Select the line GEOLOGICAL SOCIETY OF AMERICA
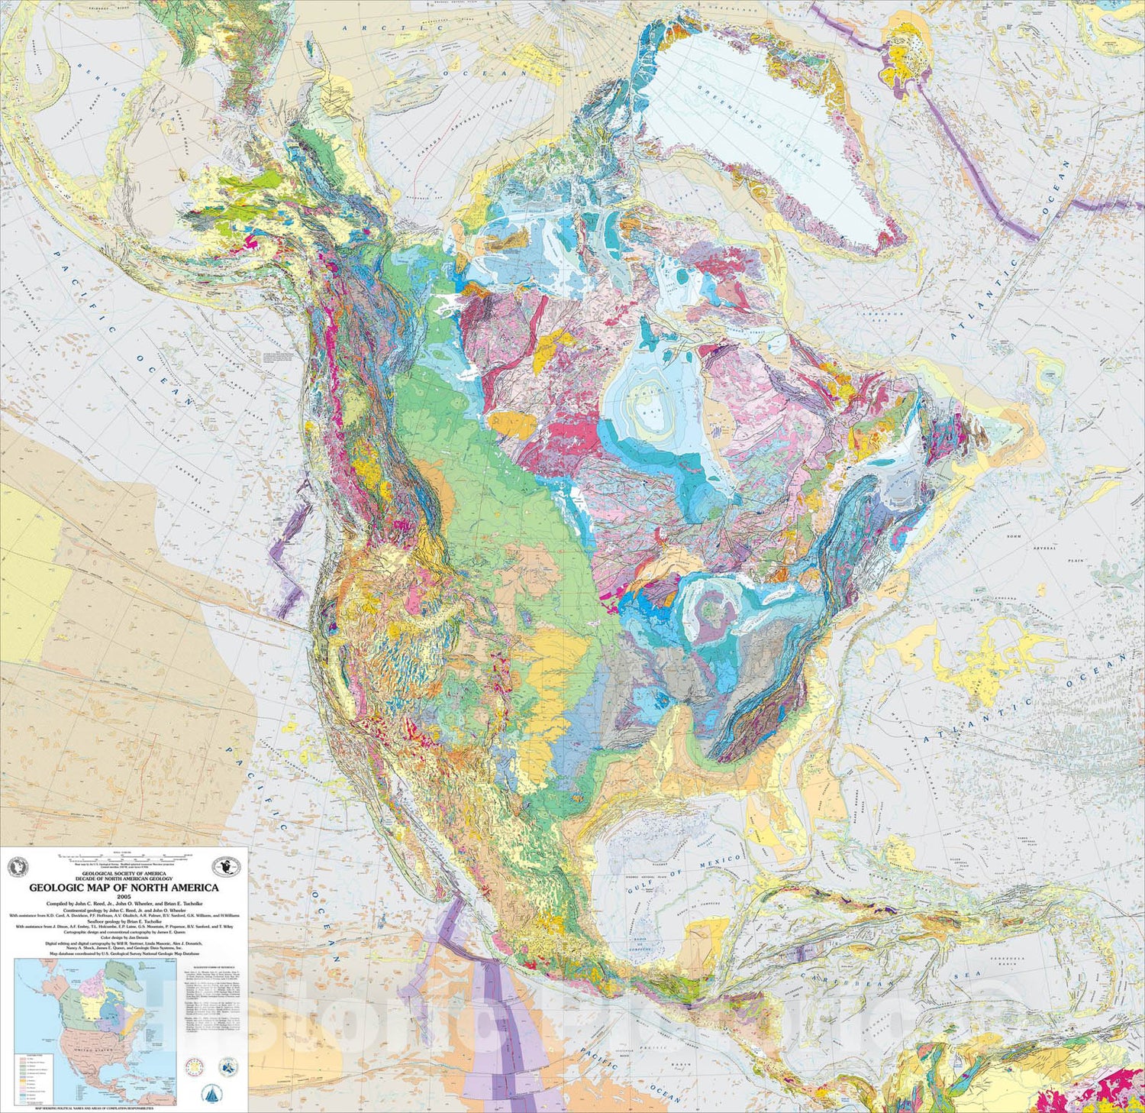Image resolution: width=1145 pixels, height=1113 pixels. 124,872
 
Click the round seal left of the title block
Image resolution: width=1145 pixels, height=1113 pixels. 17,868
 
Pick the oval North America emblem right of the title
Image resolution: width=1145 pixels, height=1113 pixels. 227,866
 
